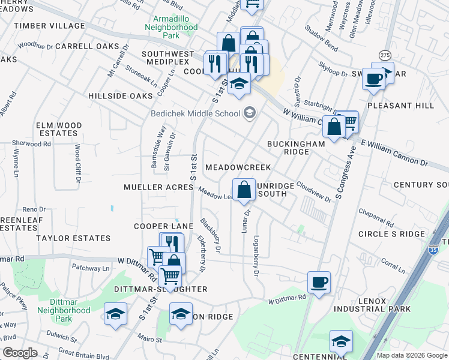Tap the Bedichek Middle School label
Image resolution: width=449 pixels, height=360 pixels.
(x=194, y=113)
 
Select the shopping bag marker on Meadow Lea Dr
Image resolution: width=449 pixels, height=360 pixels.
(x=244, y=190)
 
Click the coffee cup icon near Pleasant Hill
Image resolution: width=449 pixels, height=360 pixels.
(x=373, y=79)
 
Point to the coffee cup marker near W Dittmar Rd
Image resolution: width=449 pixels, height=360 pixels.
(x=319, y=282)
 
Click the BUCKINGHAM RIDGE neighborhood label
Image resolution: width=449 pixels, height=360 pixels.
(x=296, y=148)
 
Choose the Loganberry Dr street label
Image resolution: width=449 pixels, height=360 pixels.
(x=256, y=255)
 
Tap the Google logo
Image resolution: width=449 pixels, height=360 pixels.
(x=20, y=353)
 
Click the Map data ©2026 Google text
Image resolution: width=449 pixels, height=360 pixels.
(x=411, y=355)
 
